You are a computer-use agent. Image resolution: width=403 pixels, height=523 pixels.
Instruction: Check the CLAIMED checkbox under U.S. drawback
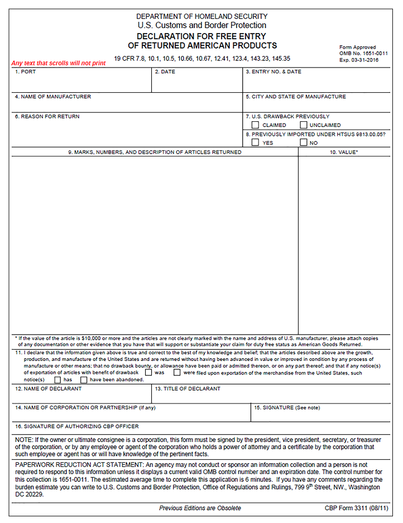255,125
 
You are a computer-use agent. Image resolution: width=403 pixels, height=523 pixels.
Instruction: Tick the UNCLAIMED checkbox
304,125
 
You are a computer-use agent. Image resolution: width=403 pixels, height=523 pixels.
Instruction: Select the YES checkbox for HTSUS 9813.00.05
255,142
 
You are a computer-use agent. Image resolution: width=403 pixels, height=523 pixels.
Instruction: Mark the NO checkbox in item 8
304,142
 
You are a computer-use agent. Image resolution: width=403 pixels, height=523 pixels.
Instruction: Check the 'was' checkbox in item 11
148,372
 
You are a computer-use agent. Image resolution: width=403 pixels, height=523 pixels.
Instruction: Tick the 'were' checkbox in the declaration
177,372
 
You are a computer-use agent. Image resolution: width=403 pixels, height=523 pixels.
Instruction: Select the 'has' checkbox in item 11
57,379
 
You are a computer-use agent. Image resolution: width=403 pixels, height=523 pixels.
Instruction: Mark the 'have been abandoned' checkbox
84,379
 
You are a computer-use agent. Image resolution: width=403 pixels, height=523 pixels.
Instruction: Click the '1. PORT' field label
25,72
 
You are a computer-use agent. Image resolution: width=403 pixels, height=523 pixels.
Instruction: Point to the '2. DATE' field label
165,72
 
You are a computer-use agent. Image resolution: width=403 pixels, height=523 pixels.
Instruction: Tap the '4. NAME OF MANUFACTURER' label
53,97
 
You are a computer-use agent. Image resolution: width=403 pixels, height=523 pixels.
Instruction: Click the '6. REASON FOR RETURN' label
47,117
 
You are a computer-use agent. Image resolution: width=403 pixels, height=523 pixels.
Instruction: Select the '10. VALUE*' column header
344,152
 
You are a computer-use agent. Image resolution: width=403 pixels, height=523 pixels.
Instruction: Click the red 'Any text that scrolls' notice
59,63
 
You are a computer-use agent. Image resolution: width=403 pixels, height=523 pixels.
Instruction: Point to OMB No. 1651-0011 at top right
363,54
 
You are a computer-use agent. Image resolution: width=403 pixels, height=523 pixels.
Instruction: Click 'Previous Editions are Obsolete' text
200,508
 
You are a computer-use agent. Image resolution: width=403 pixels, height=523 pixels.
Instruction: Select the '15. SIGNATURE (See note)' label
287,408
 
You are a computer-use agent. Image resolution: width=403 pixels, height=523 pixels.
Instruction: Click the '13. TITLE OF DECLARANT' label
188,389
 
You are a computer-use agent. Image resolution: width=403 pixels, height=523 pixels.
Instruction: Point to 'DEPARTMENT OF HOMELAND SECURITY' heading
201,17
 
